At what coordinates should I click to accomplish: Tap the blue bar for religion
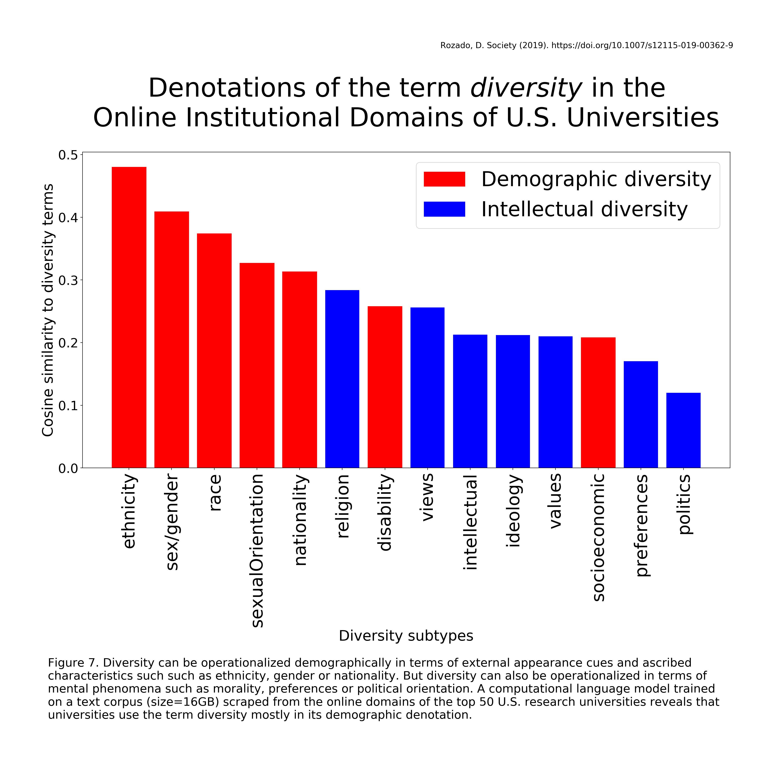[342, 379]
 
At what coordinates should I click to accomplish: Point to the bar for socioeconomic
[598, 402]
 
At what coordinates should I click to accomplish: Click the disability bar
[385, 387]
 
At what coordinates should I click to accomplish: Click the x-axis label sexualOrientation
[257, 550]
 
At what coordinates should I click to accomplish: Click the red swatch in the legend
[444, 179]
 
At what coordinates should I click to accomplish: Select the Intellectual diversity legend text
[584, 209]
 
